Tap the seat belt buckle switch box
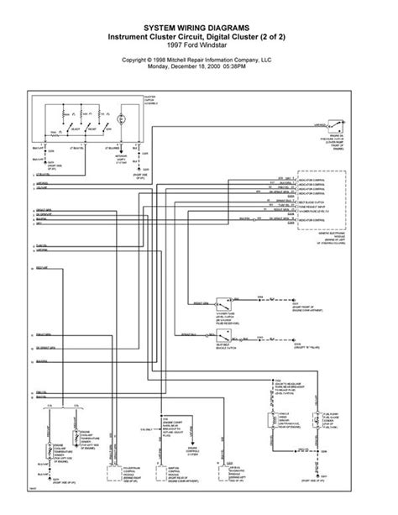pyautogui.click(x=223, y=335)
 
